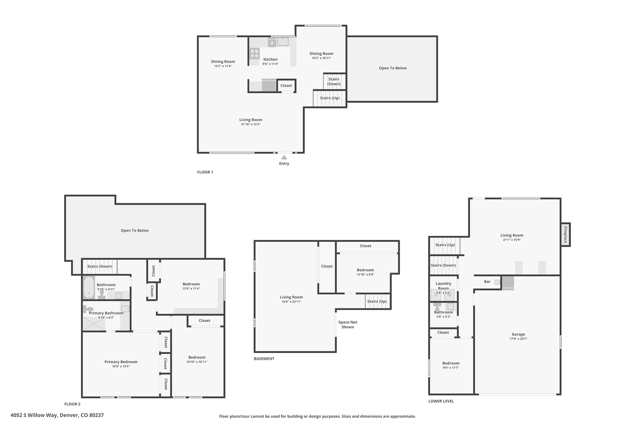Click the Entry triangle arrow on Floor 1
[284, 157]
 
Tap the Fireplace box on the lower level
[565, 235]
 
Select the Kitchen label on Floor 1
[270, 59]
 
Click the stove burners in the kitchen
[255, 54]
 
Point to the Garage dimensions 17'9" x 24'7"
[518, 339]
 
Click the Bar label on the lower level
[487, 282]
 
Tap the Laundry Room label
[443, 286]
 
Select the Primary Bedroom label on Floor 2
[121, 362]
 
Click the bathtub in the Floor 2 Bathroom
[89, 287]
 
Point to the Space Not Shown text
[348, 324]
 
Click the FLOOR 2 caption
[72, 404]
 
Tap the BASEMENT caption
[264, 359]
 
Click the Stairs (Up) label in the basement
[377, 302]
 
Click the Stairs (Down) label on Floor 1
[334, 82]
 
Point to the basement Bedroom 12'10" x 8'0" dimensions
[366, 275]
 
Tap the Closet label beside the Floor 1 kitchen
[286, 86]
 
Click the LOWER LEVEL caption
[441, 401]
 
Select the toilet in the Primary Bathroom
[88, 309]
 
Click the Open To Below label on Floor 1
[393, 68]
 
